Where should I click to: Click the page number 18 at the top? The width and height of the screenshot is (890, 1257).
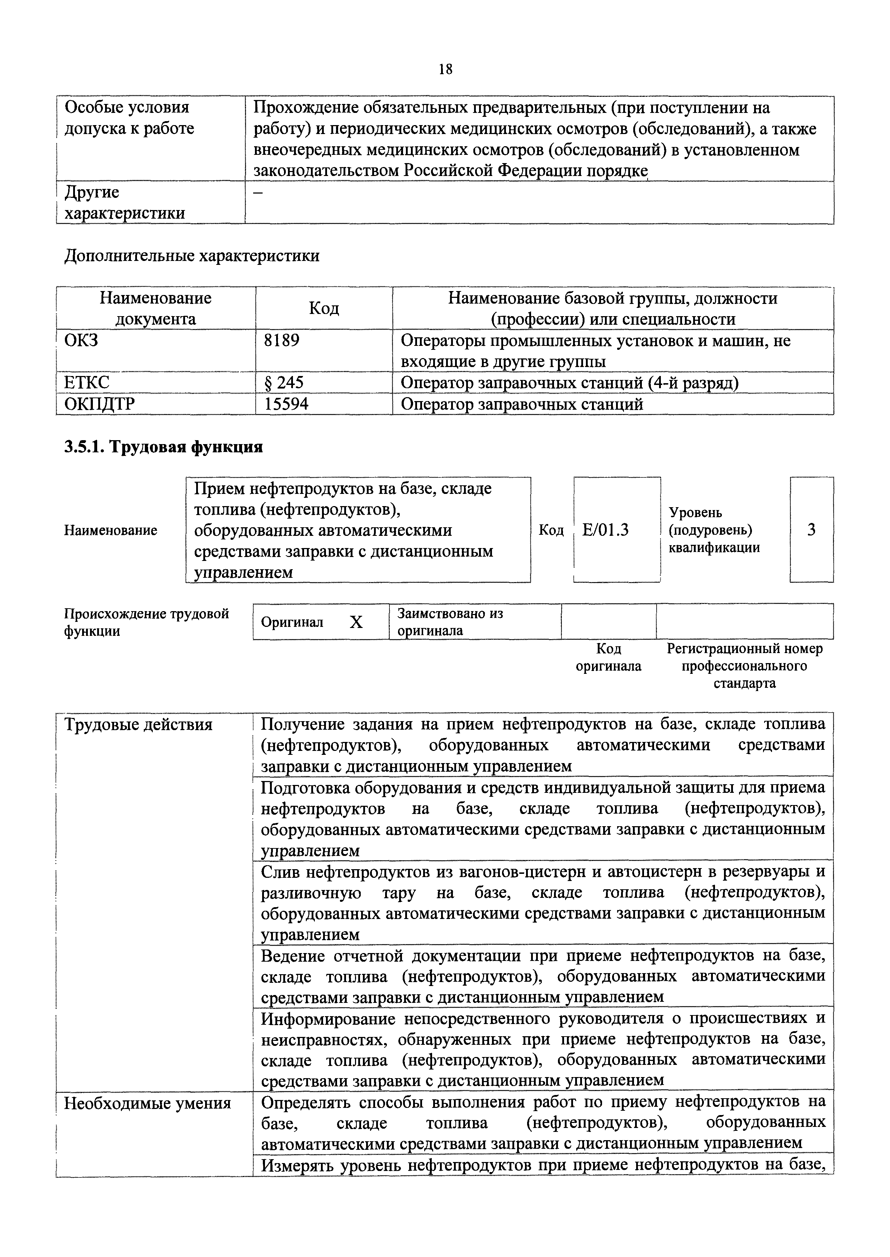[446, 69]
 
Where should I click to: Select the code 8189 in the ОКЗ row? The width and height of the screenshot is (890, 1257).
[282, 341]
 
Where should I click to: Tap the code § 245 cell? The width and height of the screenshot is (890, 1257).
[284, 383]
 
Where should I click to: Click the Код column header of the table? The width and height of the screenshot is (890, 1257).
[324, 308]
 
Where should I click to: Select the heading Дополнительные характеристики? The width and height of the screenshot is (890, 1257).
[192, 256]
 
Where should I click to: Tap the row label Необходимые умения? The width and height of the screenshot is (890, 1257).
[147, 1103]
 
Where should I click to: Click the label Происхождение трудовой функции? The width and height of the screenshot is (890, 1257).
[146, 622]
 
